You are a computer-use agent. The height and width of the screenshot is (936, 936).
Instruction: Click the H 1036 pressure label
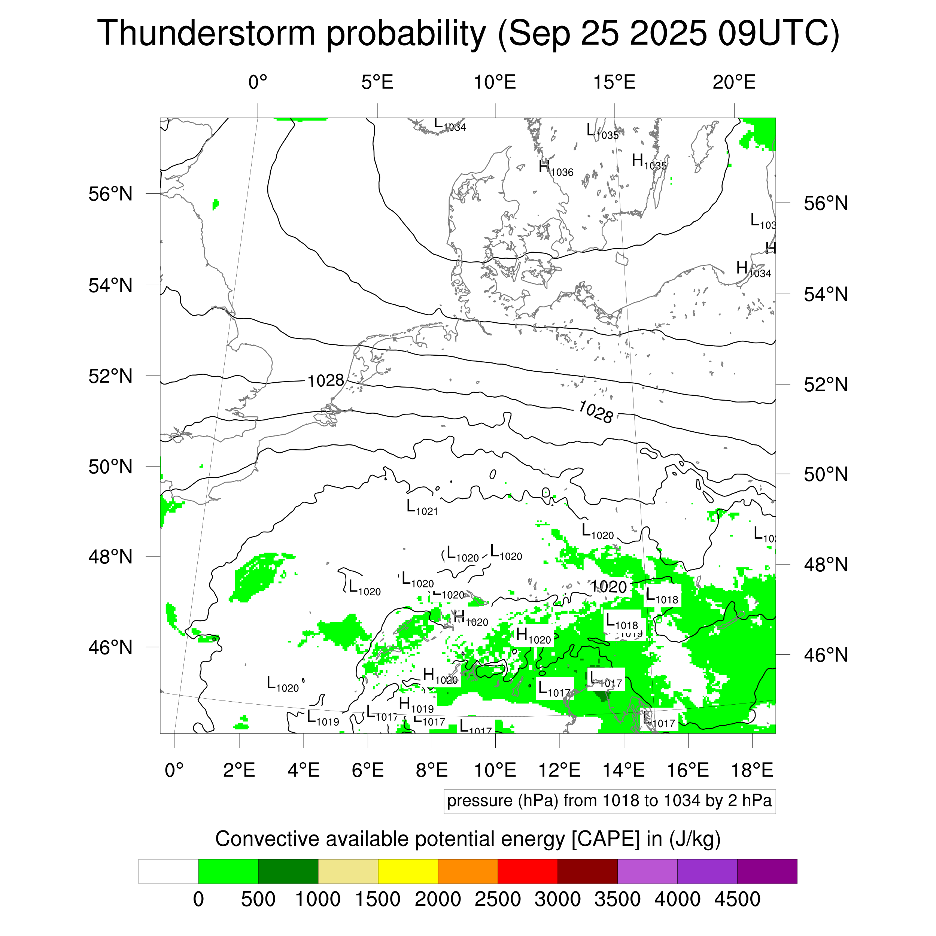(x=556, y=168)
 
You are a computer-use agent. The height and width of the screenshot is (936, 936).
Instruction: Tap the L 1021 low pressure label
(x=422, y=508)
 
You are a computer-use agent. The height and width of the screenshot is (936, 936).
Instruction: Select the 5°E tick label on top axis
(x=377, y=82)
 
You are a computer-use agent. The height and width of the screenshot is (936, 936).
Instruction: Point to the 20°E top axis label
(x=733, y=82)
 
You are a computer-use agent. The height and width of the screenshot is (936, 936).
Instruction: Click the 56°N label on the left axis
(x=110, y=194)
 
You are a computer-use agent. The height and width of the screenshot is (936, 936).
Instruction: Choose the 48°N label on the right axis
(x=826, y=565)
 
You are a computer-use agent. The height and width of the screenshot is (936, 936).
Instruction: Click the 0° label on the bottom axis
(x=174, y=770)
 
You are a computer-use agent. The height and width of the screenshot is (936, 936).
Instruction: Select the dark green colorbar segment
(x=288, y=872)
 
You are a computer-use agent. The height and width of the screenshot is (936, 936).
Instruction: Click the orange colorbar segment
(x=468, y=872)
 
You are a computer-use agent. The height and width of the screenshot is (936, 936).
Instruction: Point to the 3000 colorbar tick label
(x=557, y=899)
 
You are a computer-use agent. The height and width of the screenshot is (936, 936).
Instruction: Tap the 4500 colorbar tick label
(x=737, y=899)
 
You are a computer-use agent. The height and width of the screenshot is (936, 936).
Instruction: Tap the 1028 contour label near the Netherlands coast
(x=326, y=381)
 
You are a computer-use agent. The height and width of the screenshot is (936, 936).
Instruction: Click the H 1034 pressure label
(x=753, y=269)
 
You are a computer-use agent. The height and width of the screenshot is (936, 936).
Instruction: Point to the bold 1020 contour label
(x=609, y=587)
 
